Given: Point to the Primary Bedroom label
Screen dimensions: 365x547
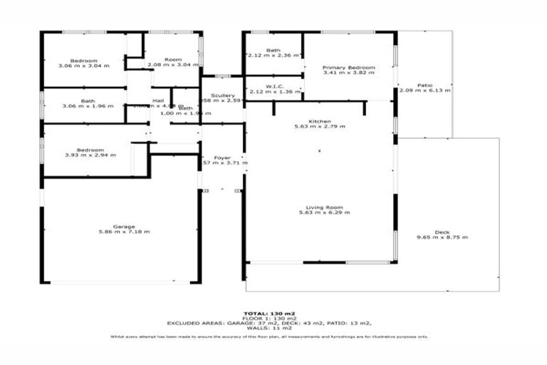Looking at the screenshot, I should [348, 67].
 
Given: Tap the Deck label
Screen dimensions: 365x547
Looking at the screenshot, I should [442, 232].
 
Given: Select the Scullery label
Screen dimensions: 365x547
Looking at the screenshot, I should [223, 96].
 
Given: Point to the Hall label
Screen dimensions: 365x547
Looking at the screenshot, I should [158, 101].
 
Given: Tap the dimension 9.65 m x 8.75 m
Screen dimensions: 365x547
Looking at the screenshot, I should [442, 237].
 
